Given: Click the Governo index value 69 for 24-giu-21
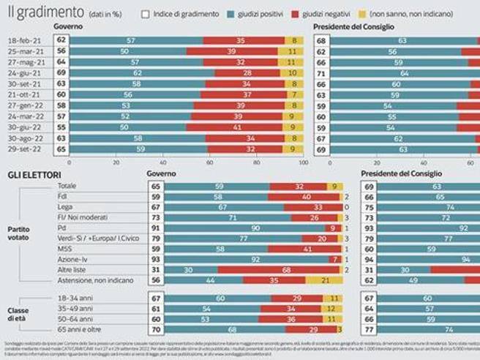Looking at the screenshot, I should coord(61,73).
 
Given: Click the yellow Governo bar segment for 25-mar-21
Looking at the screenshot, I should coord(291,52).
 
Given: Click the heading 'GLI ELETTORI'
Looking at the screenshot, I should coord(33,176).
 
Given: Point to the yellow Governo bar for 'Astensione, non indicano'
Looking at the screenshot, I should coord(319,280).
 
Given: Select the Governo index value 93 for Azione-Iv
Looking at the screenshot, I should coord(155,260).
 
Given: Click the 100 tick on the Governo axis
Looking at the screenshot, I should coord(303,162).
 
